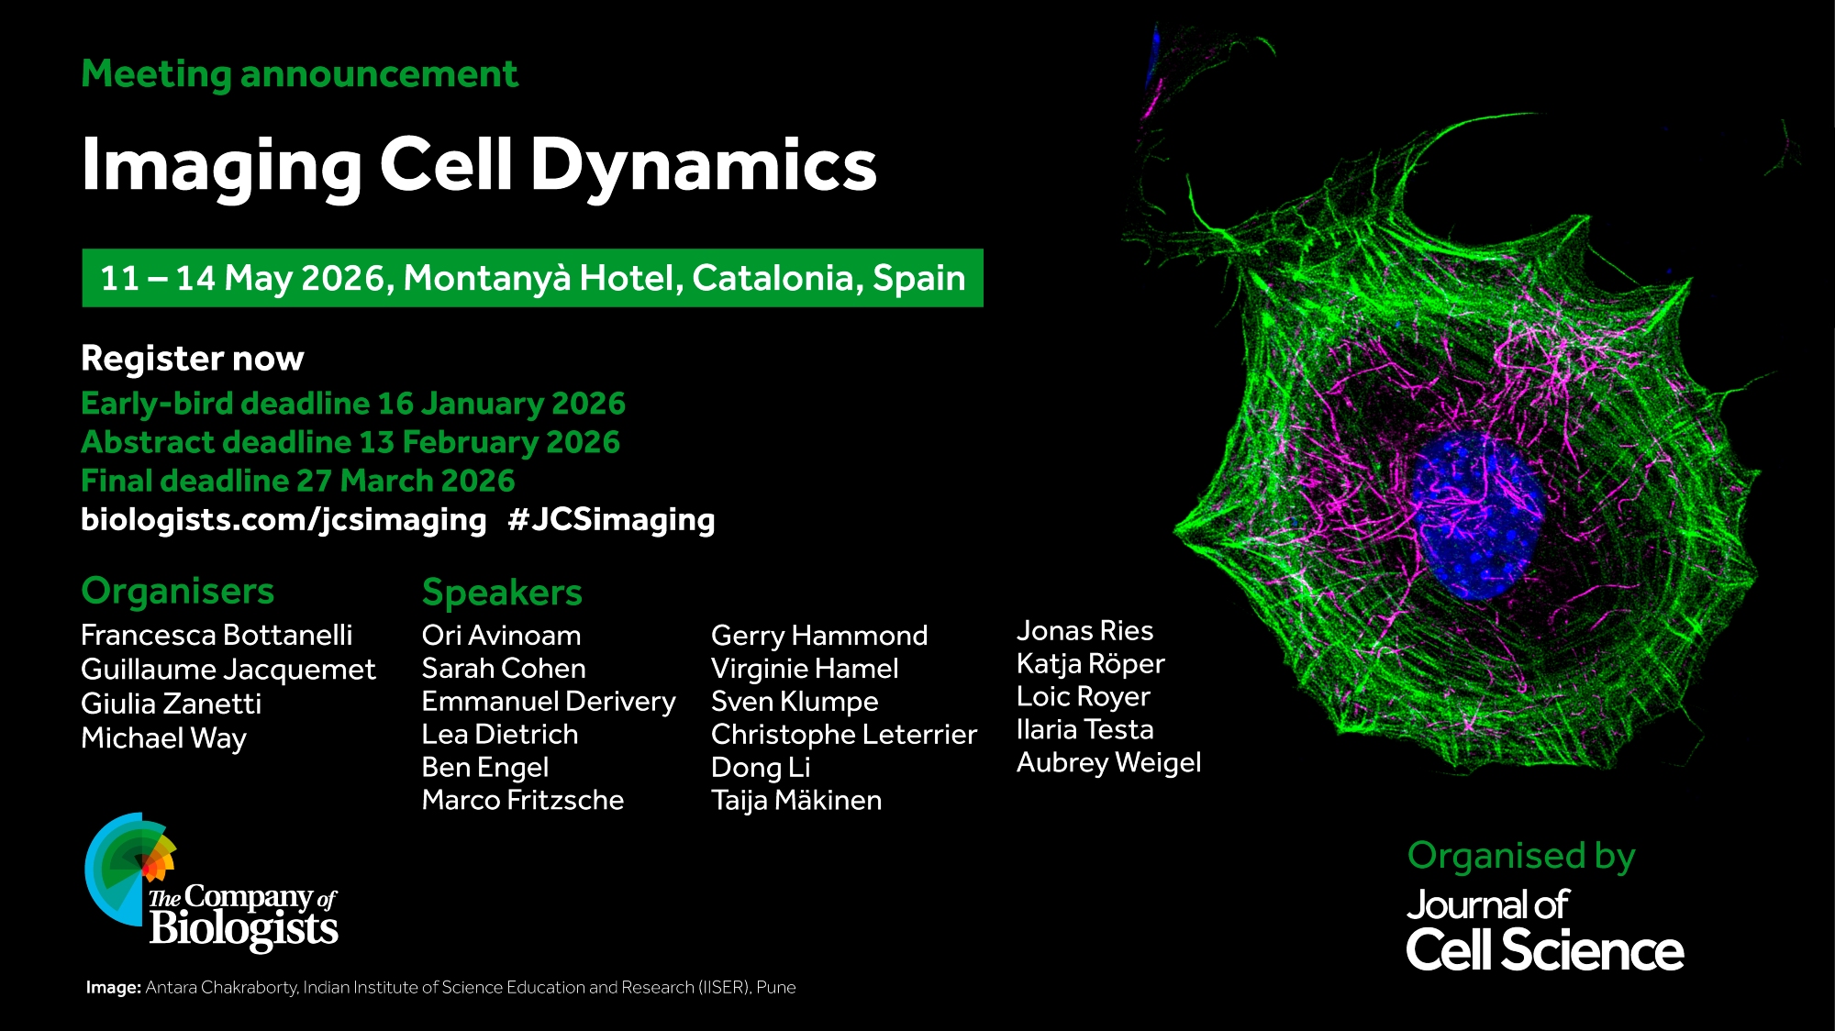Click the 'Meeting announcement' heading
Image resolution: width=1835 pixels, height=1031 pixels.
point(299,74)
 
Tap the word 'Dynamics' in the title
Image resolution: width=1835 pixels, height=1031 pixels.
point(704,165)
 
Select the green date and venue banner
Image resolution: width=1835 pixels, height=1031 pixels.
point(532,278)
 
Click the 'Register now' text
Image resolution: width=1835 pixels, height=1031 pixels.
point(193,359)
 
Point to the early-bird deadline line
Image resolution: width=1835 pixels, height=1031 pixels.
point(353,404)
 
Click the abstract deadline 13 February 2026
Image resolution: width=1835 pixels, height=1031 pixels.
point(350,442)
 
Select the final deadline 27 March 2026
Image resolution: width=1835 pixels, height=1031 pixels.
point(298,481)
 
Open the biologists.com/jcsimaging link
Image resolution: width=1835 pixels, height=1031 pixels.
point(284,520)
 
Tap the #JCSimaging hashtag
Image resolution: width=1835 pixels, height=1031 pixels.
point(611,520)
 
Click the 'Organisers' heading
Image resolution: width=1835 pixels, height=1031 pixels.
point(178,592)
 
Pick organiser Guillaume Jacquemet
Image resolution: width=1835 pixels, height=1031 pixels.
point(228,671)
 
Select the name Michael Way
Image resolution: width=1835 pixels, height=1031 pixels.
point(164,738)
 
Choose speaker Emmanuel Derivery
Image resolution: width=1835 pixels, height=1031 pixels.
point(549,702)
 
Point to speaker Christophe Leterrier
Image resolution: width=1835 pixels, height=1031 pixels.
point(844,735)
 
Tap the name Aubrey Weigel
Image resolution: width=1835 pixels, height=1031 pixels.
point(1108,763)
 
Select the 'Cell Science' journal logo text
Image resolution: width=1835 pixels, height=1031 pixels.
point(1545,950)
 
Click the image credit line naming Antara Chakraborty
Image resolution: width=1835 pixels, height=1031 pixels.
point(441,988)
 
